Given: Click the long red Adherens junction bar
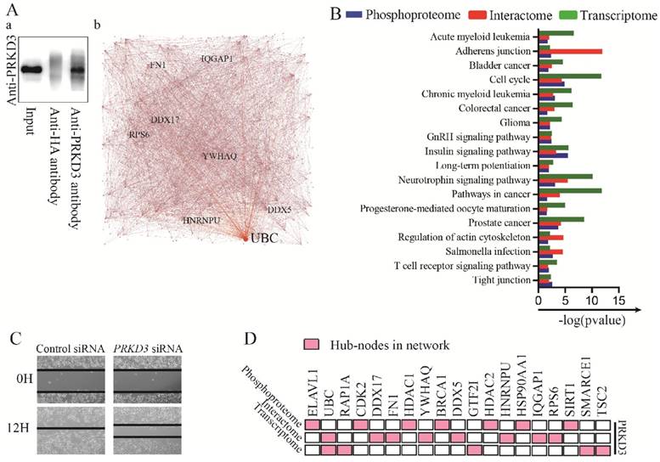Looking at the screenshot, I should click(x=570, y=52).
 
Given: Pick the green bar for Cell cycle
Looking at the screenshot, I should click(x=569, y=76).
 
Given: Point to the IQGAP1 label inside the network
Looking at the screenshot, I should click(x=217, y=59).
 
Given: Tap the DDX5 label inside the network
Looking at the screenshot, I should click(x=279, y=208).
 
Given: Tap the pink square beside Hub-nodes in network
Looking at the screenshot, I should click(x=312, y=344).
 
